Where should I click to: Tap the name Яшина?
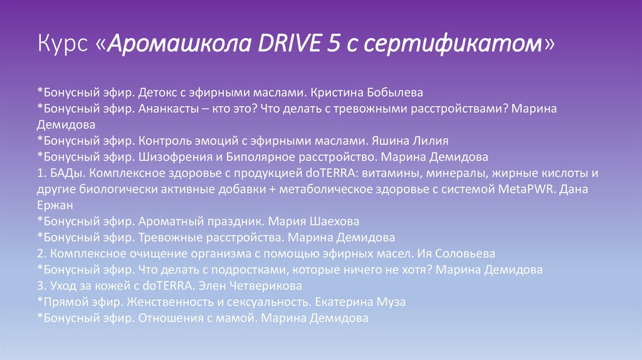396,140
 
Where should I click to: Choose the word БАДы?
66,172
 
